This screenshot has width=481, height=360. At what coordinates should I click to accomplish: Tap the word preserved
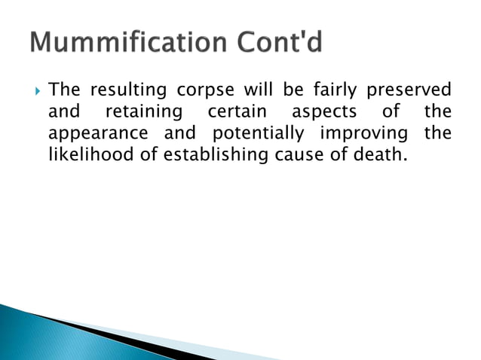coord(409,92)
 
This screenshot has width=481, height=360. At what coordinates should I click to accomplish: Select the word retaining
coord(143,114)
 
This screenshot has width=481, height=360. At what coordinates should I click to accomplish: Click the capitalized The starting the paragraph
coord(64,92)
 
